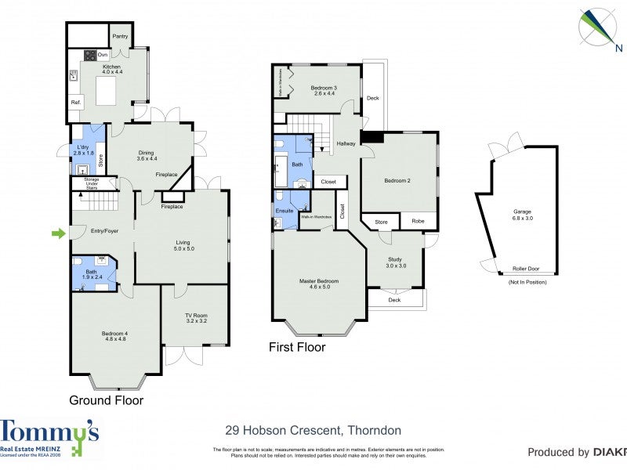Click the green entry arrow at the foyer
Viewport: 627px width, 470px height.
[57, 233]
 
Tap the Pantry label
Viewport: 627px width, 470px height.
[120, 36]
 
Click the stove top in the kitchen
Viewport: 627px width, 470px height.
[90, 56]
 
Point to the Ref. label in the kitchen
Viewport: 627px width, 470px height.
[76, 103]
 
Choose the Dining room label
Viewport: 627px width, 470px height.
[147, 154]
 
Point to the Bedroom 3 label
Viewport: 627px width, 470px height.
[323, 90]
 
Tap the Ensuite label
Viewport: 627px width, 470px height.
[284, 211]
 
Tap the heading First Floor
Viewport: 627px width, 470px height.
[297, 347]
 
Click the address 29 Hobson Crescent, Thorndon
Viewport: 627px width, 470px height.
[313, 430]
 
